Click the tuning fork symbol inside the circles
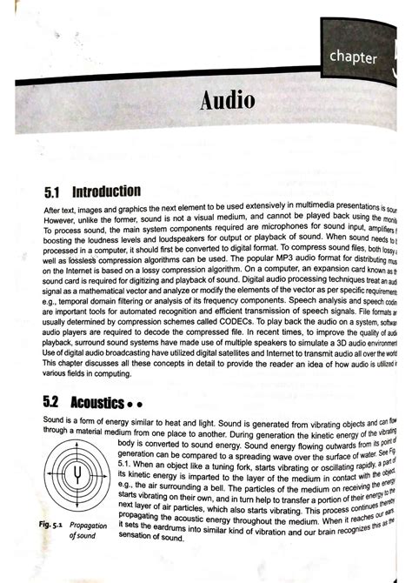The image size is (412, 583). click(x=79, y=474)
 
